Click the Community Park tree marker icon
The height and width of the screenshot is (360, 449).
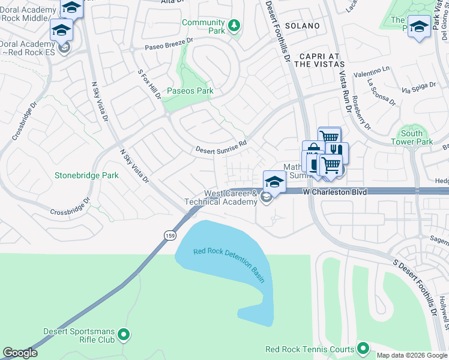(234, 25)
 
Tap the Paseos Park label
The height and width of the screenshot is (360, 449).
(190, 91)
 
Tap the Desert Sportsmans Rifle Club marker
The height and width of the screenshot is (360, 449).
(124, 334)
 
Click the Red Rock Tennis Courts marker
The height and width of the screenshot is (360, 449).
(363, 348)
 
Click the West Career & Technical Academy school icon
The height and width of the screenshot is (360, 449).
(274, 181)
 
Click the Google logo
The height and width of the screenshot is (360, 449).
(20, 353)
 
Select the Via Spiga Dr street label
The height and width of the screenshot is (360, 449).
(418, 88)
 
